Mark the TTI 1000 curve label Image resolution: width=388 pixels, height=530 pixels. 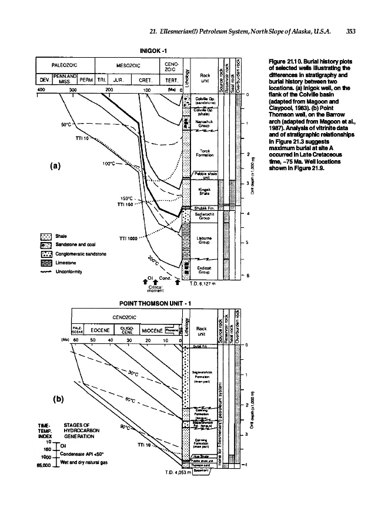128,238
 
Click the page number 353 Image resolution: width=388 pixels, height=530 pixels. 352,32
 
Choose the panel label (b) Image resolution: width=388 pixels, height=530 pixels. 58,397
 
